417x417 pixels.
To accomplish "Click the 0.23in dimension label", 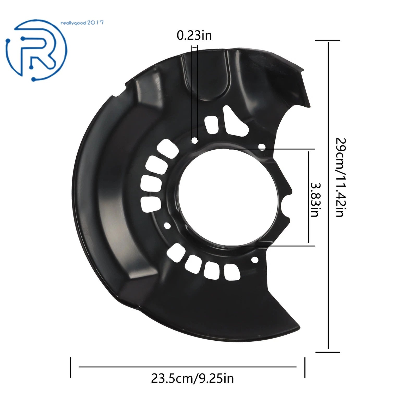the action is tap(194, 35).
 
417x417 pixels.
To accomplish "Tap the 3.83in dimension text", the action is tap(315, 200).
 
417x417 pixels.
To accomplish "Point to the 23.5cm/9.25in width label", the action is tap(192, 378).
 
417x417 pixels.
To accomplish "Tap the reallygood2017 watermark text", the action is tap(82, 23).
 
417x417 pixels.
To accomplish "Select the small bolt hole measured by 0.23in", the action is tap(194, 141).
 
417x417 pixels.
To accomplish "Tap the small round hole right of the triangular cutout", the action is tap(262, 148).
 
